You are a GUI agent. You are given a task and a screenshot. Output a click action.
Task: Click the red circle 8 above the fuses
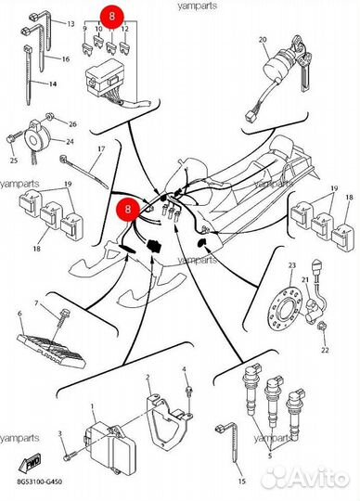pyautogui.click(x=111, y=17)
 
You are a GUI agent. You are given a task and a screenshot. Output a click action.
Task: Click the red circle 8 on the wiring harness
pyautogui.click(x=128, y=210)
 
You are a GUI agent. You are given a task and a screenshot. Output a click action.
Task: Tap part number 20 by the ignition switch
pyautogui.click(x=263, y=40)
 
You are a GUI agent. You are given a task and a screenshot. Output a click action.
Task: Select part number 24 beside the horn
pyautogui.click(x=70, y=141)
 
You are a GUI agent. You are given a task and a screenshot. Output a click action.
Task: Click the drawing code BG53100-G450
pyautogui.click(x=39, y=482)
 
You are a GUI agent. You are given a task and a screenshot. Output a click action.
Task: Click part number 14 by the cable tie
pyautogui.click(x=53, y=84)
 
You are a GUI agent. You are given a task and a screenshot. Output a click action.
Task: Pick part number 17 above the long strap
pyautogui.click(x=101, y=148)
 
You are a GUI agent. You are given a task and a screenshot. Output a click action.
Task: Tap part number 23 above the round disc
pyautogui.click(x=292, y=265)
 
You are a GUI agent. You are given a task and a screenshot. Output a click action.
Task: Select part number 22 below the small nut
pyautogui.click(x=325, y=350)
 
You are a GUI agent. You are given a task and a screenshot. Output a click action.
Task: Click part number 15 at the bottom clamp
pyautogui.click(x=242, y=482)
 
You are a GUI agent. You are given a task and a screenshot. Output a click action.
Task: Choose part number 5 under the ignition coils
pyautogui.click(x=270, y=456)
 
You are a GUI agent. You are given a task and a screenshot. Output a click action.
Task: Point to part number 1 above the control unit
pyautogui.click(x=93, y=406)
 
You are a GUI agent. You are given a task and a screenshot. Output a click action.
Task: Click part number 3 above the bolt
pyautogui.click(x=59, y=433)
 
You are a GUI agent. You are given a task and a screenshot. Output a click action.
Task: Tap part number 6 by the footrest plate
pyautogui.click(x=19, y=314)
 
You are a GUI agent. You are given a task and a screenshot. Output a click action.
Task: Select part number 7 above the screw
pyautogui.click(x=36, y=302)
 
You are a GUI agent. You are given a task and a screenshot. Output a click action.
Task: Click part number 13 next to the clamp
pyautogui.click(x=71, y=24)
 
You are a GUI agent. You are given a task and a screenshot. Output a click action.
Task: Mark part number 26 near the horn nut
pyautogui.click(x=72, y=124)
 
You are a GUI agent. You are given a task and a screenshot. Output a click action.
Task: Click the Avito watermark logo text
pyautogui.click(x=307, y=478)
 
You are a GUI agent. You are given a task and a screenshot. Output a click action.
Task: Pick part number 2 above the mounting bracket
pyautogui.click(x=148, y=378)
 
